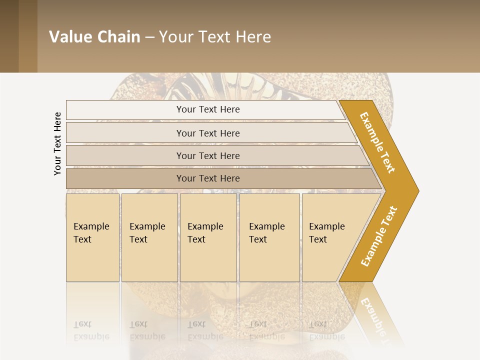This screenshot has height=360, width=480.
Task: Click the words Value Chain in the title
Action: click(94, 37)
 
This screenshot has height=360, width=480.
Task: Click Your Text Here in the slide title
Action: click(215, 37)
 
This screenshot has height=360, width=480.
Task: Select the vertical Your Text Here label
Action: click(57, 143)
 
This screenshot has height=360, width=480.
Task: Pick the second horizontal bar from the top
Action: click(208, 133)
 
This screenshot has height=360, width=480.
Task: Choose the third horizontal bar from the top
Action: click(208, 155)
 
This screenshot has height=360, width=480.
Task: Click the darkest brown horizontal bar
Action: click(208, 178)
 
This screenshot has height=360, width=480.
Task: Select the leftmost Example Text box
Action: click(92, 237)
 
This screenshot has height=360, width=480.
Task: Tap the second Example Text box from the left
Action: click(149, 237)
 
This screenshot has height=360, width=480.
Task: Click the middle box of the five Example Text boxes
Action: click(208, 237)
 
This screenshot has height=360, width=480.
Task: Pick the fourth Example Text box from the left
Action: click(269, 237)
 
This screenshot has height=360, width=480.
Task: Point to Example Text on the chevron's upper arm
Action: click(377, 142)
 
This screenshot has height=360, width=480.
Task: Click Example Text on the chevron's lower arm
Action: click(379, 236)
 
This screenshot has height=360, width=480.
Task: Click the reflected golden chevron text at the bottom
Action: click(375, 315)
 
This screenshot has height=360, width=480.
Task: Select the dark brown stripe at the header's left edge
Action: click(9, 36)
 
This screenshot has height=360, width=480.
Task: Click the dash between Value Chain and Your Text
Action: click(149, 37)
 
